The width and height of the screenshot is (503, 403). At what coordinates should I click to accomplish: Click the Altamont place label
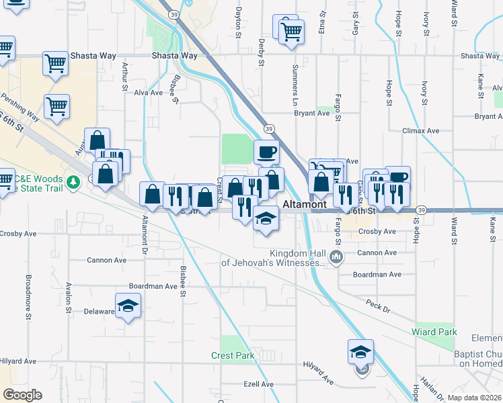[x=305, y=204]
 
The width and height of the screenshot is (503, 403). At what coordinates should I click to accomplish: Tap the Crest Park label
[x=233, y=355]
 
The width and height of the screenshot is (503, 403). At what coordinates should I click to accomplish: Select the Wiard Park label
[x=434, y=332]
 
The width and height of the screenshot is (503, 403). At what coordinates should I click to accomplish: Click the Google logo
[x=22, y=395]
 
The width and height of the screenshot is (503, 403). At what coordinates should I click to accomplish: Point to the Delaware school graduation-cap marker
[x=126, y=305]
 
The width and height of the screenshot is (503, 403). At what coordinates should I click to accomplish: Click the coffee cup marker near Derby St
[x=266, y=151]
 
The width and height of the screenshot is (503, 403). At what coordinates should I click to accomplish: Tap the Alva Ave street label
[x=149, y=93]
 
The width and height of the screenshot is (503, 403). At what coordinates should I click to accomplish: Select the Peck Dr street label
[x=379, y=304]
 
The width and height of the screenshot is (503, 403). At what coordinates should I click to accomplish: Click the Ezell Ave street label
[x=259, y=384]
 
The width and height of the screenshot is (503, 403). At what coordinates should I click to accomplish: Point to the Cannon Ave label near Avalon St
[x=108, y=260]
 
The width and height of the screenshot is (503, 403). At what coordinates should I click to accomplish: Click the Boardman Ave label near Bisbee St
[x=153, y=285]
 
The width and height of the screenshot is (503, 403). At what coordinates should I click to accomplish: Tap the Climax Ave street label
[x=420, y=130]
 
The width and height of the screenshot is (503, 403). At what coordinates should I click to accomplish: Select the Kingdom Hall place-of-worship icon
[x=337, y=257]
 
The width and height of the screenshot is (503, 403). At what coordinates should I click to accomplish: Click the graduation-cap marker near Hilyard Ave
[x=360, y=351]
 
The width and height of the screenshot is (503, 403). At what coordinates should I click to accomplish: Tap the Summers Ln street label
[x=295, y=80]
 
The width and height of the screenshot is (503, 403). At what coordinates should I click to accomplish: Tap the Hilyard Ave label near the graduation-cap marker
[x=318, y=375]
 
